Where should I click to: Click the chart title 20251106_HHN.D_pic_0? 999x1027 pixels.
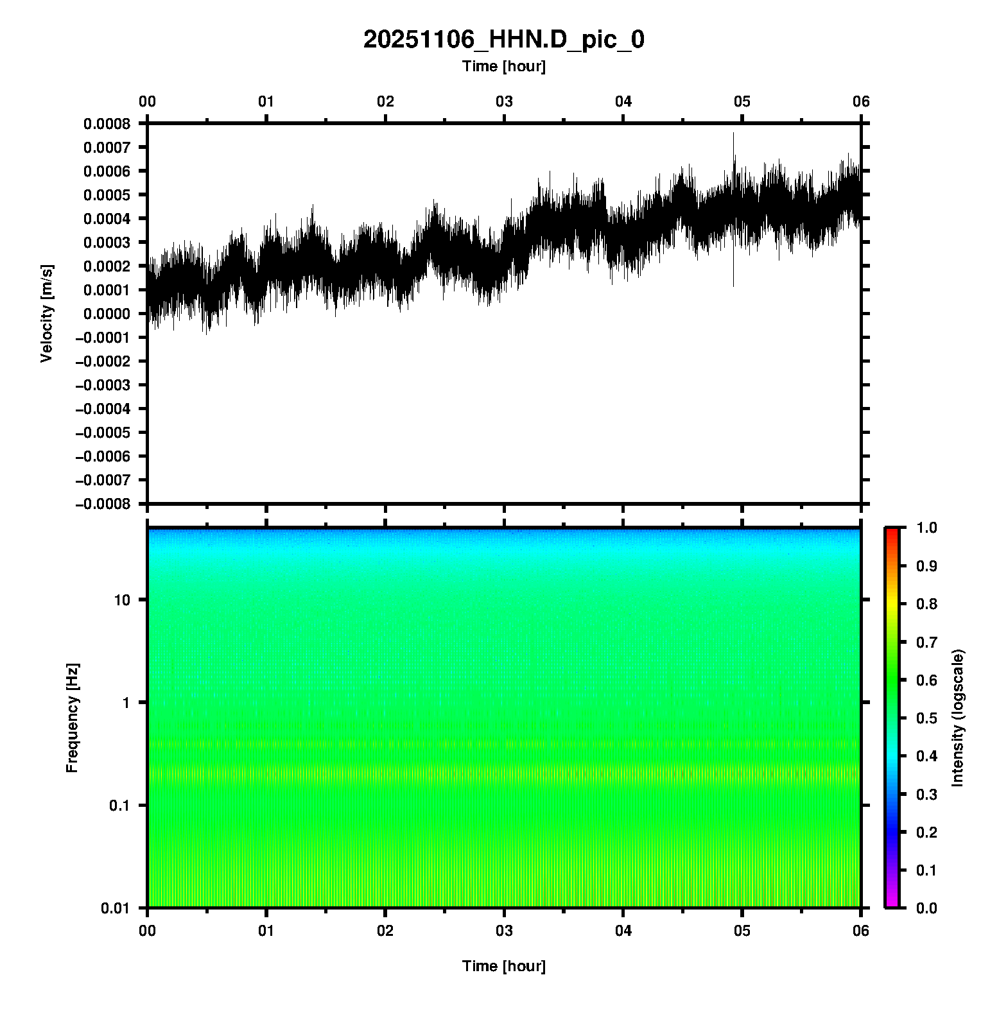pos(503,40)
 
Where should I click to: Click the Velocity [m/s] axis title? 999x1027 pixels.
pos(46,313)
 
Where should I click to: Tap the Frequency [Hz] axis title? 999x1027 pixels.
pos(72,718)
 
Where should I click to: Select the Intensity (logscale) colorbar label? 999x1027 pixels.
pos(958,718)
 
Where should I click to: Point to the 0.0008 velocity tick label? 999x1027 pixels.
pos(107,123)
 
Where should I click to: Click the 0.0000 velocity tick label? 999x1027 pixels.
pos(107,314)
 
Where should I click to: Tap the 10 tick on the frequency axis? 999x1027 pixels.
pos(122,600)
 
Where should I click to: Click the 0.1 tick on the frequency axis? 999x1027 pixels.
pos(119,806)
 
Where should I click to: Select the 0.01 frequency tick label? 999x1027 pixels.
pos(116,908)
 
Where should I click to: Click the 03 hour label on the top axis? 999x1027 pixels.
pos(504,101)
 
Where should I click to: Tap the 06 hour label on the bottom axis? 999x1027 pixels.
pos(861,931)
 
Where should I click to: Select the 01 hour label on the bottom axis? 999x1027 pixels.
pos(266,931)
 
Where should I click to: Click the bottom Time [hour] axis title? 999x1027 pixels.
pos(503,966)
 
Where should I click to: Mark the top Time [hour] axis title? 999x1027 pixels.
pos(503,66)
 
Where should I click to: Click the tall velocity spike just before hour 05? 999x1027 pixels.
pos(733,148)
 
